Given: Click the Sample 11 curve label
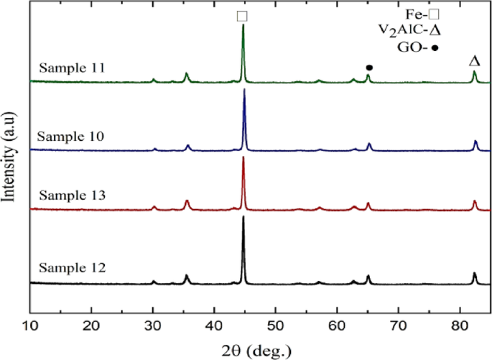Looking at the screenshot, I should tap(73, 68).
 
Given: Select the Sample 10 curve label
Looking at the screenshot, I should tap(71, 136).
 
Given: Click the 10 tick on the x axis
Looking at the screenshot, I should tap(30, 326).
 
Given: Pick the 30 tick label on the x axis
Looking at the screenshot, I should tap(153, 326).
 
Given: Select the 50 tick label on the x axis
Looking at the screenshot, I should tap(276, 326).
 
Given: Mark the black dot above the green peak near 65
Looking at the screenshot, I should tap(369, 67).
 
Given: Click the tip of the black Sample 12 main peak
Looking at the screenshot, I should tap(243, 216).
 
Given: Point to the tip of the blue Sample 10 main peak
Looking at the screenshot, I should tap(244, 89).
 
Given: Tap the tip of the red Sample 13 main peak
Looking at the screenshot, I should tap(243, 157).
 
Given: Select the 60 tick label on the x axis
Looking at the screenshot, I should tap(337, 326).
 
